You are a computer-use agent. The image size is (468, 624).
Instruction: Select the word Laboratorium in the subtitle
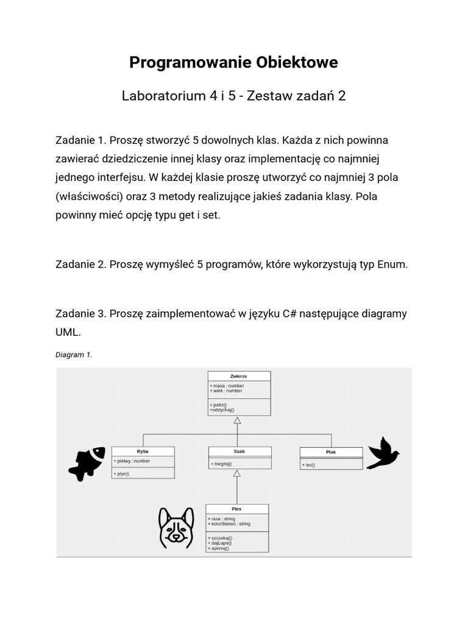click(x=161, y=96)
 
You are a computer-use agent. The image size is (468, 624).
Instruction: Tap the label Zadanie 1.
click(x=81, y=140)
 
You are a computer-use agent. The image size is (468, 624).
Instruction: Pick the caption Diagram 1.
click(x=74, y=355)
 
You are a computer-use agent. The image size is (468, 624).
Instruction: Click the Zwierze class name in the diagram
click(x=239, y=376)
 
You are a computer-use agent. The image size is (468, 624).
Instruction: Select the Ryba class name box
click(x=143, y=452)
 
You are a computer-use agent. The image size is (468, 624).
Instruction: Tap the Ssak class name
click(x=239, y=452)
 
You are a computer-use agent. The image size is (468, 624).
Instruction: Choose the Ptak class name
click(x=331, y=452)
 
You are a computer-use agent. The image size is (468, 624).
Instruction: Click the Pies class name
click(x=236, y=509)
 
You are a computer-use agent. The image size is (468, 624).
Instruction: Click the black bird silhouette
click(x=382, y=454)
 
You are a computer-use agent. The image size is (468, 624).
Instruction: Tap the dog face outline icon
click(x=176, y=528)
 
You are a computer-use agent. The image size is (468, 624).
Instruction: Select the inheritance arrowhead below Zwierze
click(x=238, y=421)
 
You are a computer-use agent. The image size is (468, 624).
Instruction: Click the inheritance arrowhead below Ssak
click(x=237, y=473)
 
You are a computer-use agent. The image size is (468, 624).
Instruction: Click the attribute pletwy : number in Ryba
click(x=132, y=461)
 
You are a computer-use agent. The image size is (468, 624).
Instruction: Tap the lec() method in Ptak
click(x=310, y=465)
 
